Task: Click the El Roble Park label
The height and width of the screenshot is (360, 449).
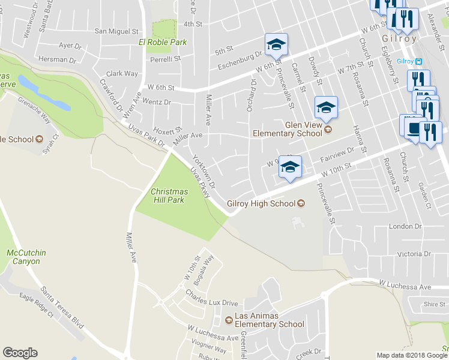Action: tap(163, 42)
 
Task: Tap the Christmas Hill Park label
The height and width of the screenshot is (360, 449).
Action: tap(169, 196)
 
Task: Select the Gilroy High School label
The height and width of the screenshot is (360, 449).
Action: tap(261, 203)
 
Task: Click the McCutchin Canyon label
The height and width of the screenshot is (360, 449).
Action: tap(23, 257)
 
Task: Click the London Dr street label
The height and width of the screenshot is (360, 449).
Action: tap(406, 226)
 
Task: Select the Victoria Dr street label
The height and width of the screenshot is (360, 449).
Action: tap(406, 254)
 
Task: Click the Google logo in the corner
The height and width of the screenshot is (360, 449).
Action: tap(20, 353)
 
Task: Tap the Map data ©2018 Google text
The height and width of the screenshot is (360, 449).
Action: tap(412, 355)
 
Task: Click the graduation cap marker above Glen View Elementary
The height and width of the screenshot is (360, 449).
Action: tap(326, 107)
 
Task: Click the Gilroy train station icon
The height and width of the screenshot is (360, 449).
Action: tap(418, 61)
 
